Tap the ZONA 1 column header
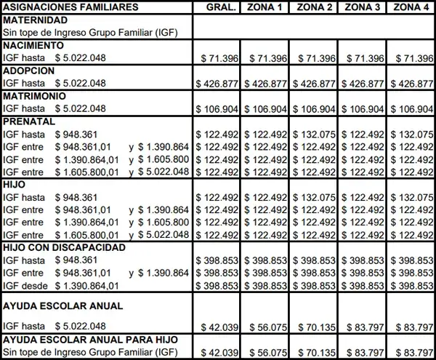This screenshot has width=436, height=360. (x=266, y=7)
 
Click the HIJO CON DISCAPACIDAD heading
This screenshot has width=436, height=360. (x=65, y=247)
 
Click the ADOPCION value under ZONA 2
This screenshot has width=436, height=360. (x=315, y=84)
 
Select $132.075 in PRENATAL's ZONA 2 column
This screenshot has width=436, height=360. (x=315, y=134)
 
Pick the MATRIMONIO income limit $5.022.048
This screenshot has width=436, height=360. (x=81, y=109)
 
